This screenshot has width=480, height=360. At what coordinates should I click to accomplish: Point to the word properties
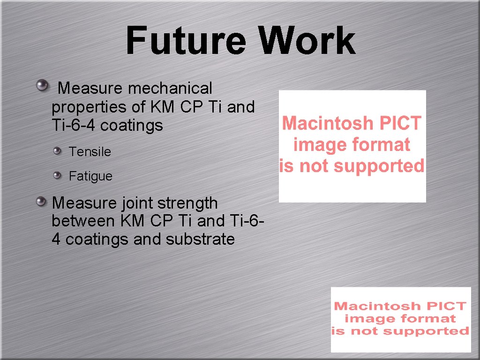[x=90, y=107]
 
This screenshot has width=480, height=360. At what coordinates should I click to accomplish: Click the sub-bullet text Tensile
[x=90, y=152]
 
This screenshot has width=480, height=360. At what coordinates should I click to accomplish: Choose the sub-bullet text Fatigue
[x=90, y=176]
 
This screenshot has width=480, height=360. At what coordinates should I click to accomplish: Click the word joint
[x=137, y=203]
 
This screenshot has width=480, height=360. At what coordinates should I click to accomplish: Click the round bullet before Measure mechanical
[x=43, y=85]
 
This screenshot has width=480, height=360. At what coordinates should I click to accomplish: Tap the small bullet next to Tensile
[x=57, y=150]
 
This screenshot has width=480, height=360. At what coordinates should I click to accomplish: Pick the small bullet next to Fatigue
[x=57, y=175]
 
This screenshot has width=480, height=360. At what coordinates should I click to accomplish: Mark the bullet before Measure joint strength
[x=43, y=202]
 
